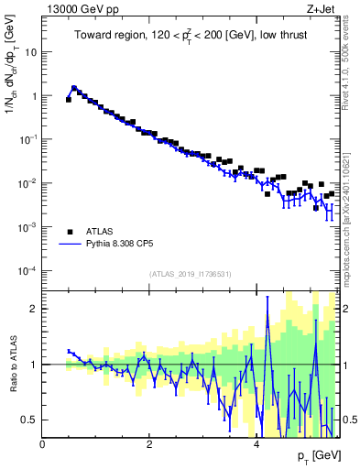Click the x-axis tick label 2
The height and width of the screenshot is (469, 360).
(x=149, y=444)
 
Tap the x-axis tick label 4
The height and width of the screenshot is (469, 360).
(x=256, y=444)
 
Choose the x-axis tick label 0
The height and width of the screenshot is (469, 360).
(x=43, y=444)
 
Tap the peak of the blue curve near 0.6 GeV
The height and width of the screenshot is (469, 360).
(x=74, y=89)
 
